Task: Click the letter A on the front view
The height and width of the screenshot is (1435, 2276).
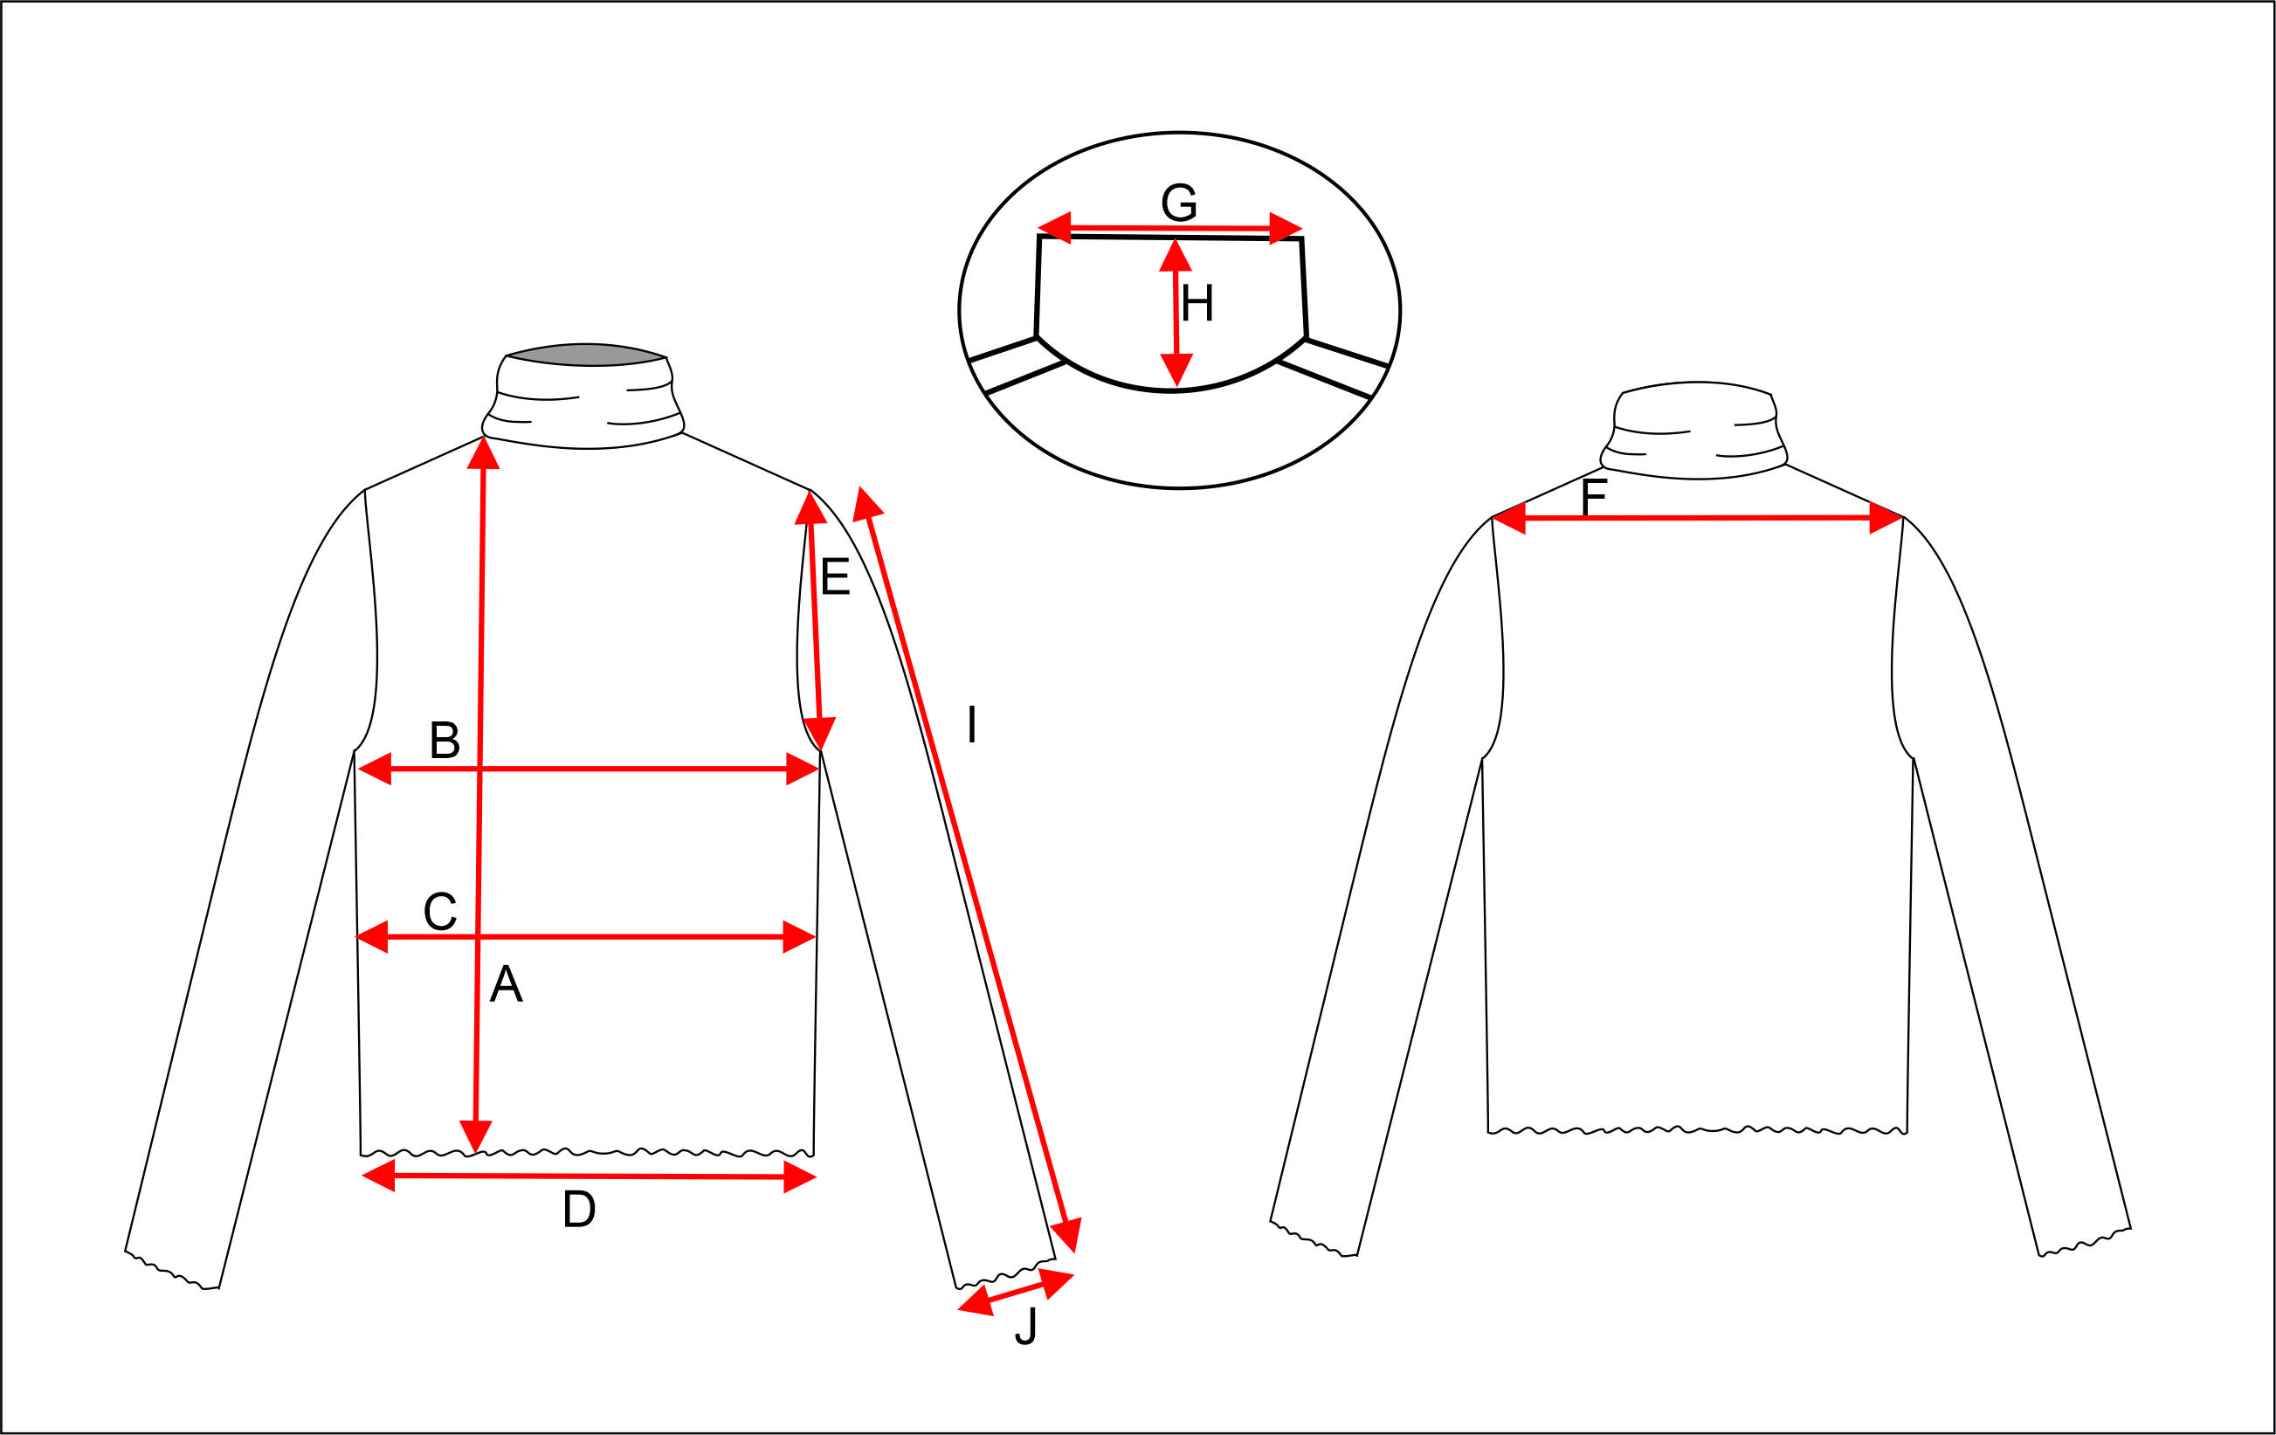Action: tap(506, 984)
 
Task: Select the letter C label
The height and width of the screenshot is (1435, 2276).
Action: tap(440, 912)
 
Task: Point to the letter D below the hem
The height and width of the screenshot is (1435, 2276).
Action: tap(578, 1210)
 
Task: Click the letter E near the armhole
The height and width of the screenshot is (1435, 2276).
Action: tap(835, 576)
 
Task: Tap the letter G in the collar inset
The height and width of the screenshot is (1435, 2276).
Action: tap(1179, 203)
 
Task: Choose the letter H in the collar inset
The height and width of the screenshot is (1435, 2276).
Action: tap(1197, 303)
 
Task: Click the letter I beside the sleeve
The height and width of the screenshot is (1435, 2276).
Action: tap(972, 725)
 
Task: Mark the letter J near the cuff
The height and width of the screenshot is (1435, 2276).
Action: tap(1025, 1327)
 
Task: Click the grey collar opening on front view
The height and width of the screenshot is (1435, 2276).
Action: tap(586, 355)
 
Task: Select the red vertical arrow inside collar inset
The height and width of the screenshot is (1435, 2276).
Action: tap(1176, 313)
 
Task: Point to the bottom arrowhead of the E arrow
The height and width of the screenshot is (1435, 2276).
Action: tap(819, 734)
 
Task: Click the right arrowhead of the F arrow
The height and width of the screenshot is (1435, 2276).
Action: tap(1886, 517)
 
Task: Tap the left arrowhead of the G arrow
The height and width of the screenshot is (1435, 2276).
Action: tap(1055, 228)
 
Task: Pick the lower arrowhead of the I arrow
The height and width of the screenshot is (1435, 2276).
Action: tap(1068, 1236)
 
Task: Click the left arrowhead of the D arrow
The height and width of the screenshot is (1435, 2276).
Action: tap(378, 1176)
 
